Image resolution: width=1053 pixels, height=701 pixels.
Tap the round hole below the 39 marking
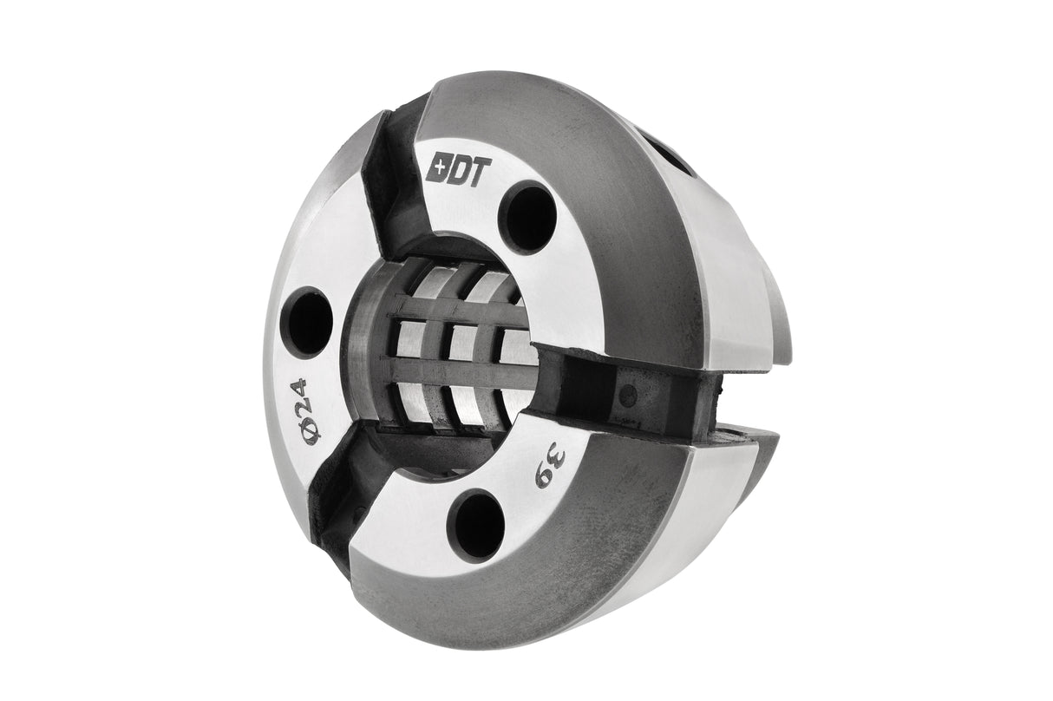[476, 525]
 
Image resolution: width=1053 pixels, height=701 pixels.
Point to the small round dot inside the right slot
[629, 395]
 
